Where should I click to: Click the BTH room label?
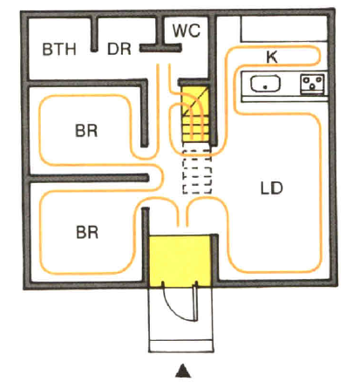[59, 49]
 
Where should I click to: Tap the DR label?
[119, 49]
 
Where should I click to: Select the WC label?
[187, 31]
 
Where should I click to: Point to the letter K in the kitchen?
[272, 57]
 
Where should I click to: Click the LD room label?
[272, 188]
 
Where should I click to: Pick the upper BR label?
[86, 131]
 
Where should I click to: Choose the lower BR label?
[87, 233]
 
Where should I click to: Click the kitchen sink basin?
[265, 84]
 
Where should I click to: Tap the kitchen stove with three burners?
[312, 84]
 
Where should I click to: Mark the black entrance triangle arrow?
[183, 371]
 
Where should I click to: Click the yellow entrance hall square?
[180, 261]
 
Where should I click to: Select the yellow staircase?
[195, 114]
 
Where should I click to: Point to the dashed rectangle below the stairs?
[197, 172]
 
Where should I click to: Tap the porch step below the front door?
[181, 346]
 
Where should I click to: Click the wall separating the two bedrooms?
[89, 178]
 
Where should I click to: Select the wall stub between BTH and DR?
[94, 34]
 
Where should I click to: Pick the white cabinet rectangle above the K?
[284, 29]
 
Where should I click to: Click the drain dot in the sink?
[265, 86]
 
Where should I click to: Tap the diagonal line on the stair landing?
[195, 101]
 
